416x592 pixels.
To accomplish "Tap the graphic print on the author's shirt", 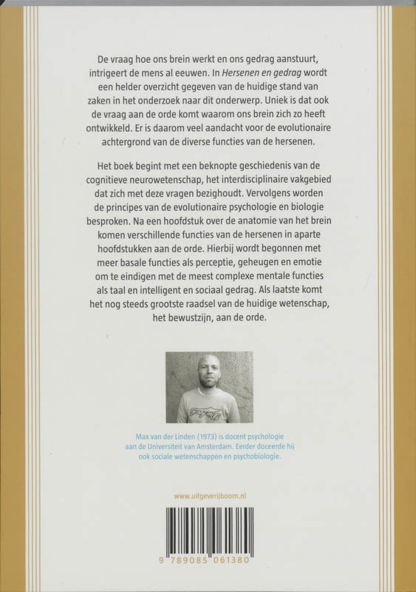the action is [x=208, y=406].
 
